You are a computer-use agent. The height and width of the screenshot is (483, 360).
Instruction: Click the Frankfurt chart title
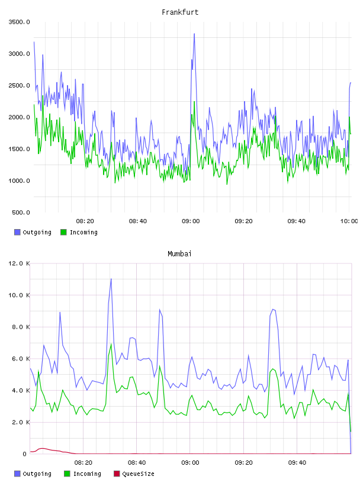coord(180,12)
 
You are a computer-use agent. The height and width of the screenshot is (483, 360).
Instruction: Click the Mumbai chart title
coord(179,254)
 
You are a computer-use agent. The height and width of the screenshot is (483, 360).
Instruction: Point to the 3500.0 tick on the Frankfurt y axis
coord(19,22)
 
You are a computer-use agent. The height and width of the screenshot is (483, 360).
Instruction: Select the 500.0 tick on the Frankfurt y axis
coord(21,212)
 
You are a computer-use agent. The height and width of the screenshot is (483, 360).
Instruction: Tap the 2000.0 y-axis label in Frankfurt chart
coord(19,117)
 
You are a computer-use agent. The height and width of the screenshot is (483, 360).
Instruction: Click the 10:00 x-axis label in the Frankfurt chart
coord(349,221)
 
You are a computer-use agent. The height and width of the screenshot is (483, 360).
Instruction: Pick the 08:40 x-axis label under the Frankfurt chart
coord(138,221)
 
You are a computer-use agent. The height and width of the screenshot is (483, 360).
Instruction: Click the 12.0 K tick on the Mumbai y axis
coord(19,263)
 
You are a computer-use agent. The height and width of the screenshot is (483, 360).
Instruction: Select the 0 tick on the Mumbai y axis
coord(25,454)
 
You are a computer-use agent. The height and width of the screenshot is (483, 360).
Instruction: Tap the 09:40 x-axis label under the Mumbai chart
coord(297,463)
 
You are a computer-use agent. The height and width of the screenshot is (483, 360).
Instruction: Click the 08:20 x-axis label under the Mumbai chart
coord(83,463)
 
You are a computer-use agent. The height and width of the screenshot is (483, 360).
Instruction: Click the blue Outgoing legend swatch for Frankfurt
coord(17,232)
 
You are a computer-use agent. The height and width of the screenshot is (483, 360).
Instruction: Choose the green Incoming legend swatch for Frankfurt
coord(63,232)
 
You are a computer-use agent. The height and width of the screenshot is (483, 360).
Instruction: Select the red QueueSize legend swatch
coord(117,474)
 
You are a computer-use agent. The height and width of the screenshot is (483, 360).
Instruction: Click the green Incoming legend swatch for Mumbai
coord(67,474)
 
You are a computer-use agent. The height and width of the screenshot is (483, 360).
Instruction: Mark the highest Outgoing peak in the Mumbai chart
coord(111,279)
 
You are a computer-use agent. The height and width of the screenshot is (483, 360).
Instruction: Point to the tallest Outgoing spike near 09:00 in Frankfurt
coord(194,34)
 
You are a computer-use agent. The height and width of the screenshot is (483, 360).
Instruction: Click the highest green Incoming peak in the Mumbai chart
coord(111,344)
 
